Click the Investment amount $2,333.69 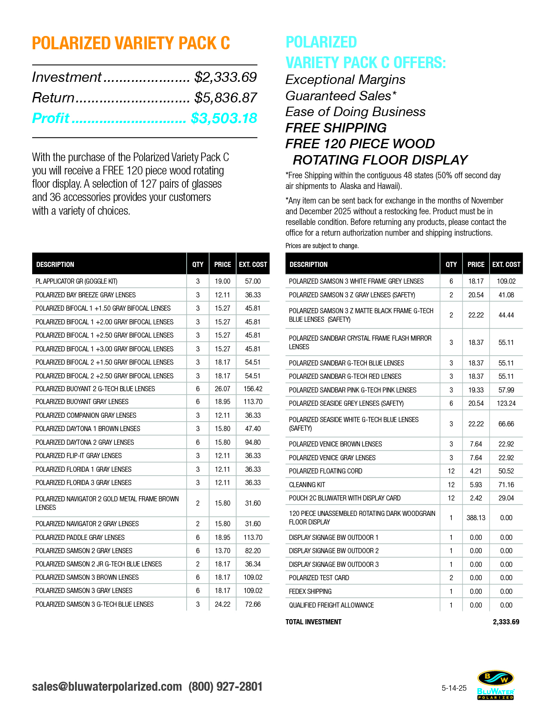coord(225,77)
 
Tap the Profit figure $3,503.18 coord(224,118)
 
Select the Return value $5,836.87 coord(225,98)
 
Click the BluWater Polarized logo coord(496,685)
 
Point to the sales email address coord(107,686)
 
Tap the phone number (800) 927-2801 coord(225,686)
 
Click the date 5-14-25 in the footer coord(454,688)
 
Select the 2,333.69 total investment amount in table coord(506,622)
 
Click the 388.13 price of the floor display coord(476,518)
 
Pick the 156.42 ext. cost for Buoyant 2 coord(253,389)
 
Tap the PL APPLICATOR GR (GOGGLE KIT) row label coord(76,282)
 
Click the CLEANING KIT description coord(307,485)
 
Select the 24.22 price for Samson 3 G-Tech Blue coord(223,604)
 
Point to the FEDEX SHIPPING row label coord(310,591)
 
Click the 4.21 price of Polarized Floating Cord coord(476,471)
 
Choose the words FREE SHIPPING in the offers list coord(336,128)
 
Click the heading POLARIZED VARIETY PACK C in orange coord(131,43)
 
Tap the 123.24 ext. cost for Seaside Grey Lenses coord(506,403)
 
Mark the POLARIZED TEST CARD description coord(319,578)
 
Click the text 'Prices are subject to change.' coord(322,246)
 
